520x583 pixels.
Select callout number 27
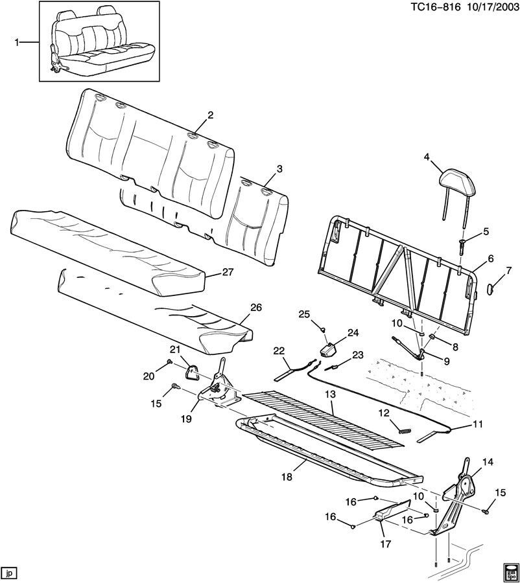coord(227,272)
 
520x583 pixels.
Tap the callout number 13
coord(330,394)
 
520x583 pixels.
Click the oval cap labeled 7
coord(491,288)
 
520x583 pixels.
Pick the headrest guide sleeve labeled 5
coord(462,247)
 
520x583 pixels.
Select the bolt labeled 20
coord(170,361)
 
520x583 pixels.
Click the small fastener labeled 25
coord(323,328)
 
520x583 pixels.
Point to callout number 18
coord(287,476)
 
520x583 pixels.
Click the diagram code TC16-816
coord(436,7)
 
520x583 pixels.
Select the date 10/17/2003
coord(491,7)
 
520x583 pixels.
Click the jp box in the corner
coord(9,573)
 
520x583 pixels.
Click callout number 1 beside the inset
coord(16,42)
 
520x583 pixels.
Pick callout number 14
coord(488,462)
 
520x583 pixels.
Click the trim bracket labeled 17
coord(391,510)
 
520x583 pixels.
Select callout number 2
coord(211,115)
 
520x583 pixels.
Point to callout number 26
coord(256,308)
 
